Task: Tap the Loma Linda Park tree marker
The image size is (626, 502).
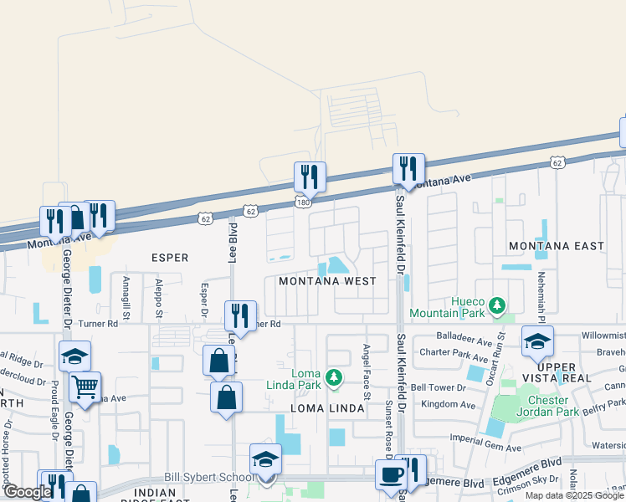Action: (x=334, y=378)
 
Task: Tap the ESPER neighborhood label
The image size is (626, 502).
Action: (x=170, y=258)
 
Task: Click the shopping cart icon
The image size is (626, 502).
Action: (x=85, y=387)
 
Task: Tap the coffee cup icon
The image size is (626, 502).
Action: (x=390, y=474)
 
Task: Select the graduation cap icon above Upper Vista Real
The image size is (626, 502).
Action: (x=537, y=341)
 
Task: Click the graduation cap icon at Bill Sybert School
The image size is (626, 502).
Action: (x=265, y=459)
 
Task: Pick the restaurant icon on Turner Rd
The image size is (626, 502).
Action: (x=240, y=316)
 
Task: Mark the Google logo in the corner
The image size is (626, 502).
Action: (x=27, y=492)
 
